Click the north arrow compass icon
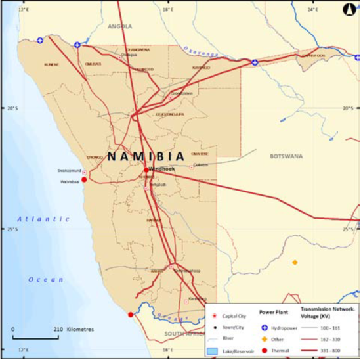click(x=349, y=9)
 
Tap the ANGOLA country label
click(x=119, y=26)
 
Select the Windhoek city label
click(x=161, y=168)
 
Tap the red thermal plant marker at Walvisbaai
click(x=84, y=179)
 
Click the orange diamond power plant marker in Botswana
click(x=295, y=262)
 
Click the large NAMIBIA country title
click(x=145, y=156)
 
